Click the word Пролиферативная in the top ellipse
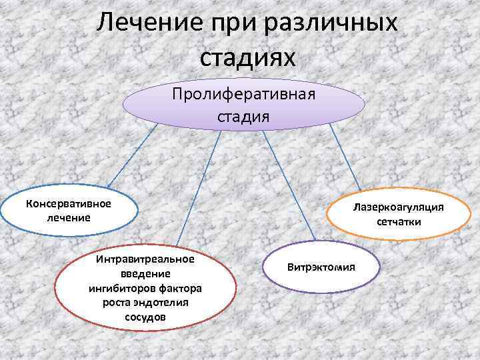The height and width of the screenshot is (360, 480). tap(243, 93)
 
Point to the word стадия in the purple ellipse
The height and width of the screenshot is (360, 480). tap(243, 117)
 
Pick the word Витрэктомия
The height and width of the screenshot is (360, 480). tap(321, 267)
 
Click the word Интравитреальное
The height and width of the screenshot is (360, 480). tap(145, 259)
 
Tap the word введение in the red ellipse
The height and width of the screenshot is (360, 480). tap(145, 273)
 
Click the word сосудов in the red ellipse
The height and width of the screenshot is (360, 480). tap(145, 316)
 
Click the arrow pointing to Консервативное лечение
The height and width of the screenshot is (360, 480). tap(133, 153)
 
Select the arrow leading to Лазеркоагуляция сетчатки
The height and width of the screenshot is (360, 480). tap(346, 156)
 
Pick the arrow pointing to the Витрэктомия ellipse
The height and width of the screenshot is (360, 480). tap(289, 183)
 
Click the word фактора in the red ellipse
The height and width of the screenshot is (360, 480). tap(178, 288)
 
